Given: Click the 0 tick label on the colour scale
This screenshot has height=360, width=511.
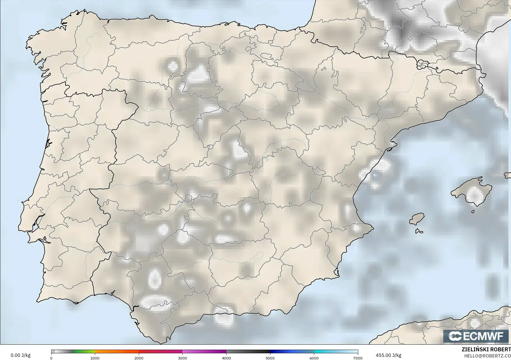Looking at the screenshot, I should pos(51,358).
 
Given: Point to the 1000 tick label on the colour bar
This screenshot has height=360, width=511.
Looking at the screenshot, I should pos(95,358).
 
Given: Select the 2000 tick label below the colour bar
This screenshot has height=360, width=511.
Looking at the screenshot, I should pos(139,358).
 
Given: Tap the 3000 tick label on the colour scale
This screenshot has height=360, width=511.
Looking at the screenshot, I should pos(182,358).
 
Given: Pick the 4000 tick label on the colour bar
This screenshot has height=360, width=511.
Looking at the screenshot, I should pos(226,358).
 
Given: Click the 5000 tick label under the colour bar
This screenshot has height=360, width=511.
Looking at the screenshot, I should pos(270,358).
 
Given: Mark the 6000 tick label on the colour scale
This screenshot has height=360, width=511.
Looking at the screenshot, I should pos(314,358).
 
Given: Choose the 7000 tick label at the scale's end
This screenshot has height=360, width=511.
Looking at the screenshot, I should pos(358,358).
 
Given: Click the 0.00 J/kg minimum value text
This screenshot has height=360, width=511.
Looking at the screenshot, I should pos(20,355).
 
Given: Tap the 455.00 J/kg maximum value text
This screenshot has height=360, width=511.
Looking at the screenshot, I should pos(388,355).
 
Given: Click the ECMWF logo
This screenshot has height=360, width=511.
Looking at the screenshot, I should pos(476,336).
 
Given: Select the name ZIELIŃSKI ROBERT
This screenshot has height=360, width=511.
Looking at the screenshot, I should pos(486,350).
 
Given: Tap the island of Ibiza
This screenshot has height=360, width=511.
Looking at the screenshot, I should pos(417,219).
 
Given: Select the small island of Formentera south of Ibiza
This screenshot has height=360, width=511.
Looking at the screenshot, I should pos(419,231).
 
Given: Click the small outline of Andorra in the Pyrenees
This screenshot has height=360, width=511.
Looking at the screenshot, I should pos(422,65).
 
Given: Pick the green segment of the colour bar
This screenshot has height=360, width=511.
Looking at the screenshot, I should pos(84,352).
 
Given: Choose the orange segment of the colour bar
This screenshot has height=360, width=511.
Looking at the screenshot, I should pos(117,352).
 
